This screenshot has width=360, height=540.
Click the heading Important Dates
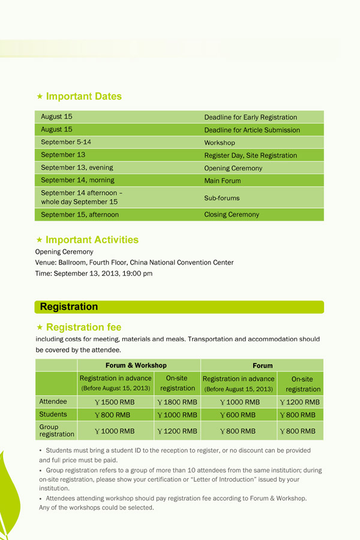(83, 96)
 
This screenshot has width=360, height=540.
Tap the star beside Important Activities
(40, 240)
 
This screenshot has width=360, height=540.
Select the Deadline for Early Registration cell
(250, 117)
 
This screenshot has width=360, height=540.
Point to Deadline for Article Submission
(252, 130)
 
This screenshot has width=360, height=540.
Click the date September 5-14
(66, 142)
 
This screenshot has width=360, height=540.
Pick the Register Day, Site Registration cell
(250, 155)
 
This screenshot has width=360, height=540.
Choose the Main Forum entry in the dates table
(222, 181)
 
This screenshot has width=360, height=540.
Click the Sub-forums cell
(221, 197)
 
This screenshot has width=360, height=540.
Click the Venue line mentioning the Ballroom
(134, 262)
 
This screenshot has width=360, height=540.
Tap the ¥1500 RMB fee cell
(115, 402)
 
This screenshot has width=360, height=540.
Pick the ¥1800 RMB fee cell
(177, 402)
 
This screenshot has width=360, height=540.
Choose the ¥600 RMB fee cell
(238, 415)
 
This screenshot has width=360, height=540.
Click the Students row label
(53, 415)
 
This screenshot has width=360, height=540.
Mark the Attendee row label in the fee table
(53, 401)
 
